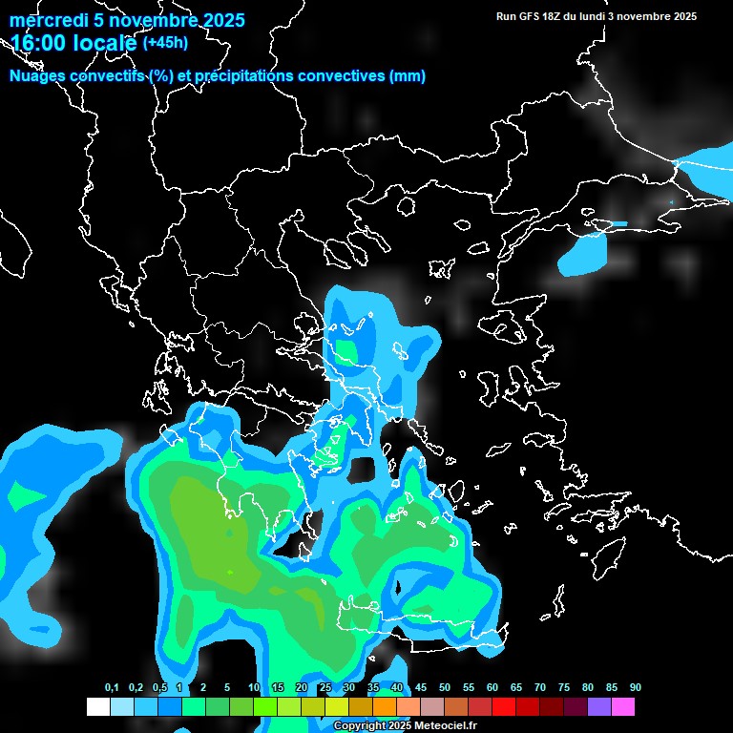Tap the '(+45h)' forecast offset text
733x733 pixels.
coord(165,43)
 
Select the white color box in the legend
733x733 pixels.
coord(97,707)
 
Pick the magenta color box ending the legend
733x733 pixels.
coord(623,707)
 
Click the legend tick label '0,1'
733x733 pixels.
coord(112,688)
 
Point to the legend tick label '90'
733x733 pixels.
coord(636,688)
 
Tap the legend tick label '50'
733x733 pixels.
coord(445,688)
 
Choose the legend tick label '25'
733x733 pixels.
coord(325,688)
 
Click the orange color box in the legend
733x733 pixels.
coord(385,707)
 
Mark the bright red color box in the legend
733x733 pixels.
coord(504,707)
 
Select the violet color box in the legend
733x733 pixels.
coord(599,707)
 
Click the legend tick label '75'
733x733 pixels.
coord(564,688)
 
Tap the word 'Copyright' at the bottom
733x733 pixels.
coord(357,725)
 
